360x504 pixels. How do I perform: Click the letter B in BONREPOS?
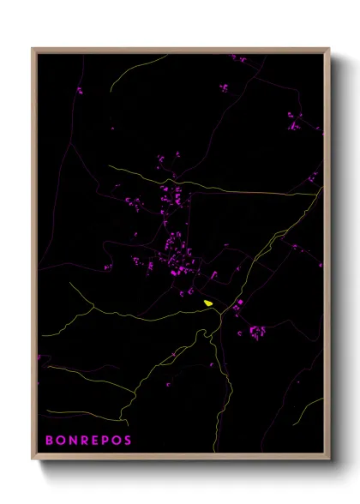(x=49, y=441)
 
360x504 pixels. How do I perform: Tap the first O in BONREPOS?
(x=60, y=441)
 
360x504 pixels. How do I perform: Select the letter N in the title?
(x=72, y=441)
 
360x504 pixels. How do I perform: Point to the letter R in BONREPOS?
(x=83, y=441)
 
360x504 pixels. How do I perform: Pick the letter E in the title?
(x=94, y=441)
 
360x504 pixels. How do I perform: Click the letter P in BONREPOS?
(x=105, y=441)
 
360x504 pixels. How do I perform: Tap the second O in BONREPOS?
(x=116, y=441)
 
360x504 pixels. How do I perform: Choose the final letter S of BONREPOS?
(x=128, y=441)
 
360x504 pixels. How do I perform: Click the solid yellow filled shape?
(x=208, y=303)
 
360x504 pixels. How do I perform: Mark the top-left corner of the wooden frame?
(x=33, y=48)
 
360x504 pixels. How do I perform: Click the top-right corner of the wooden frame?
(x=329, y=48)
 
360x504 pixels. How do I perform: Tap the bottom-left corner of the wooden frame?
(x=33, y=459)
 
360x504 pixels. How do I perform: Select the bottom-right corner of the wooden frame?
(x=329, y=459)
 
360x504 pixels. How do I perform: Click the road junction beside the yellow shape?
(x=222, y=314)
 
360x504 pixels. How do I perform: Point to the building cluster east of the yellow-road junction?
(x=255, y=330)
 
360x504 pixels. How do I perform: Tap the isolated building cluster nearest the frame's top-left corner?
(x=79, y=89)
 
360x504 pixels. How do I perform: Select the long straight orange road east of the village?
(x=257, y=192)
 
